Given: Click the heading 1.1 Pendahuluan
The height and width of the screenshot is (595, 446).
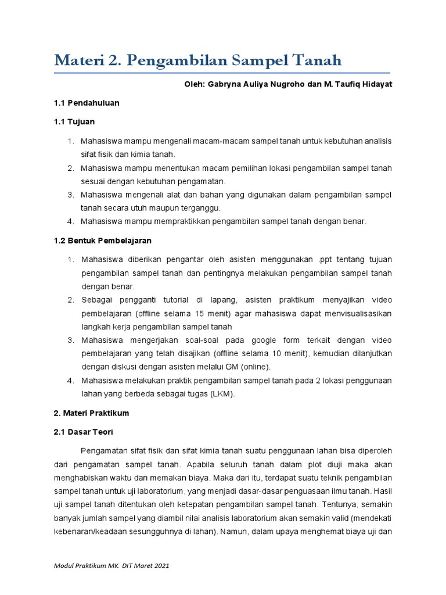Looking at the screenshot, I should coord(87,103).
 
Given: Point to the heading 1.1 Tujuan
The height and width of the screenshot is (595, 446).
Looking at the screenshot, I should coord(74,122).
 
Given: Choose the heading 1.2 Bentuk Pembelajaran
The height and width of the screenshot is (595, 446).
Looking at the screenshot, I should coord(102,240).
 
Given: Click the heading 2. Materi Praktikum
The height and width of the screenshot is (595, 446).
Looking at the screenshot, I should coord(91,413).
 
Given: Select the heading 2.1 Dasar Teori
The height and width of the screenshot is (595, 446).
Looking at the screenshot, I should coord(84,432).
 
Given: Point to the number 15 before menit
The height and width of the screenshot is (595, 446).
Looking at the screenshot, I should coord(196,314).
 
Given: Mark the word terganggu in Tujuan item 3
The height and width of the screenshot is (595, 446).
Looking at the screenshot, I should coord(204,207).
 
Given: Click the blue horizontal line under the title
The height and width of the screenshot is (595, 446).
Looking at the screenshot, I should coord(223,74).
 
